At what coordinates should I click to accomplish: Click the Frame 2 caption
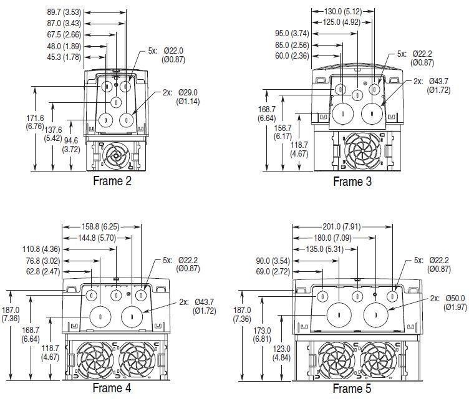(x=112, y=181)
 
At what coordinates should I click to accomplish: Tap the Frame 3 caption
(x=352, y=181)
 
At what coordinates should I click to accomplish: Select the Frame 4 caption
(x=112, y=388)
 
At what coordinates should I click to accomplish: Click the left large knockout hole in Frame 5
(x=338, y=316)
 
